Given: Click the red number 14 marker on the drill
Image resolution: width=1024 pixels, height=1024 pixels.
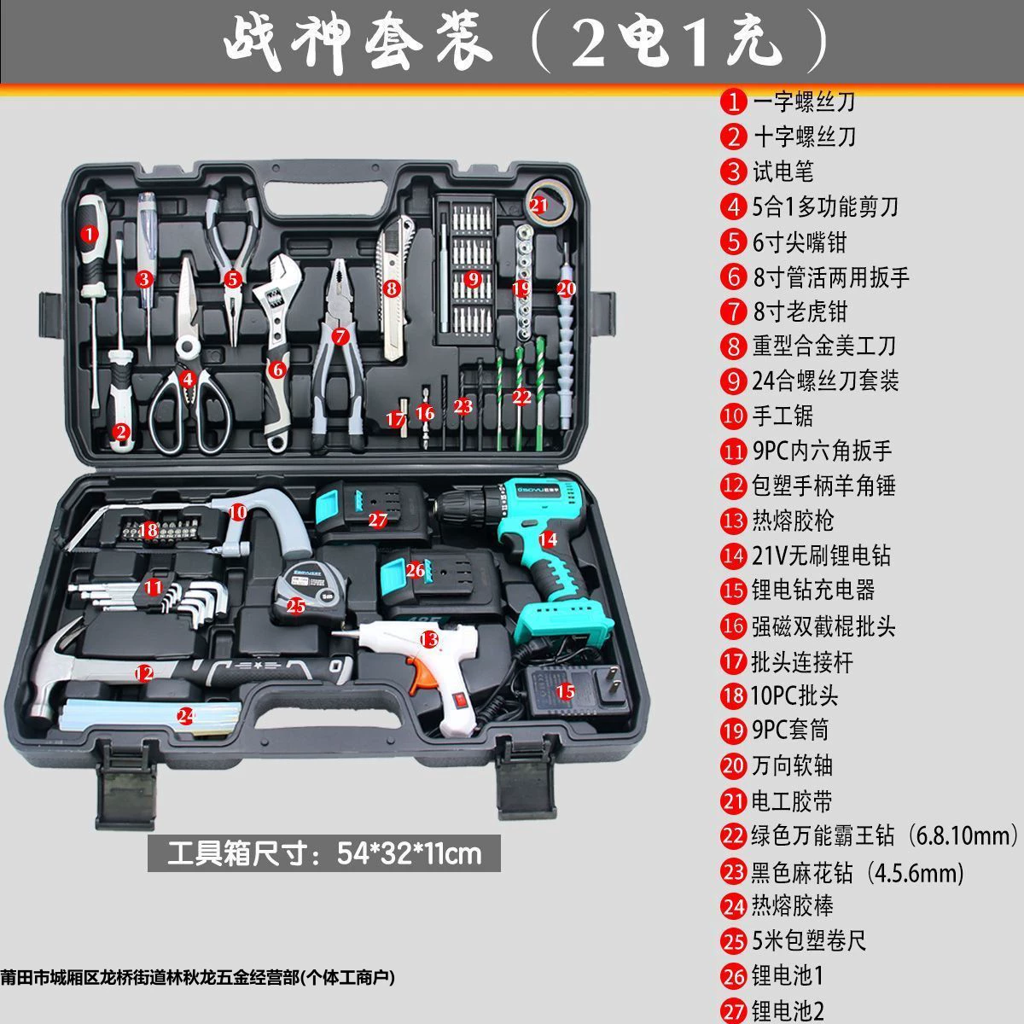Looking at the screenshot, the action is (547, 539).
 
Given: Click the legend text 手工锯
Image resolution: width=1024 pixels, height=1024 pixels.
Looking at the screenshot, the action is (783, 416).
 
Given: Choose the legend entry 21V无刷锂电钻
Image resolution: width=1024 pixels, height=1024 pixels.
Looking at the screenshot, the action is (820, 556).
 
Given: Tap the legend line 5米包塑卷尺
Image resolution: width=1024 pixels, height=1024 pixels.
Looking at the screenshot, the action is (809, 940).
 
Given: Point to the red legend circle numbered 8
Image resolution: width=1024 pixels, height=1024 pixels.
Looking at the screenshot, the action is (733, 346).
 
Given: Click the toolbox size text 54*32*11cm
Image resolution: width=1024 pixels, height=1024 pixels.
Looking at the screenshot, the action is (410, 852).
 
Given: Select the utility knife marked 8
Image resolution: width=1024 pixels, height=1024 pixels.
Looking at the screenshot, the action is (395, 287).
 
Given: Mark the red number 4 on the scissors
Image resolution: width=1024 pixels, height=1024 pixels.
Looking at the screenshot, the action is (187, 378).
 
